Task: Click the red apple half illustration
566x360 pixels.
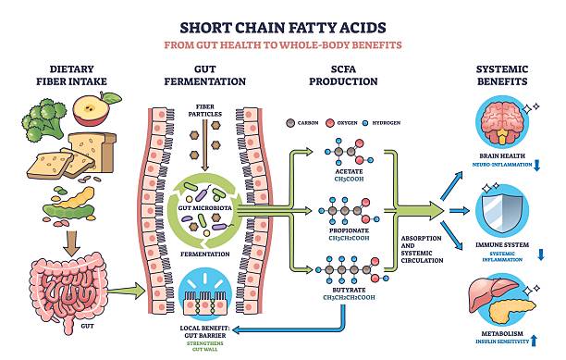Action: pyautogui.click(x=92, y=112)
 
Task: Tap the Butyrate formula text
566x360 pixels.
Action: pyautogui.click(x=342, y=298)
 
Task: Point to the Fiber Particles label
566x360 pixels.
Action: pyautogui.click(x=206, y=111)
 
